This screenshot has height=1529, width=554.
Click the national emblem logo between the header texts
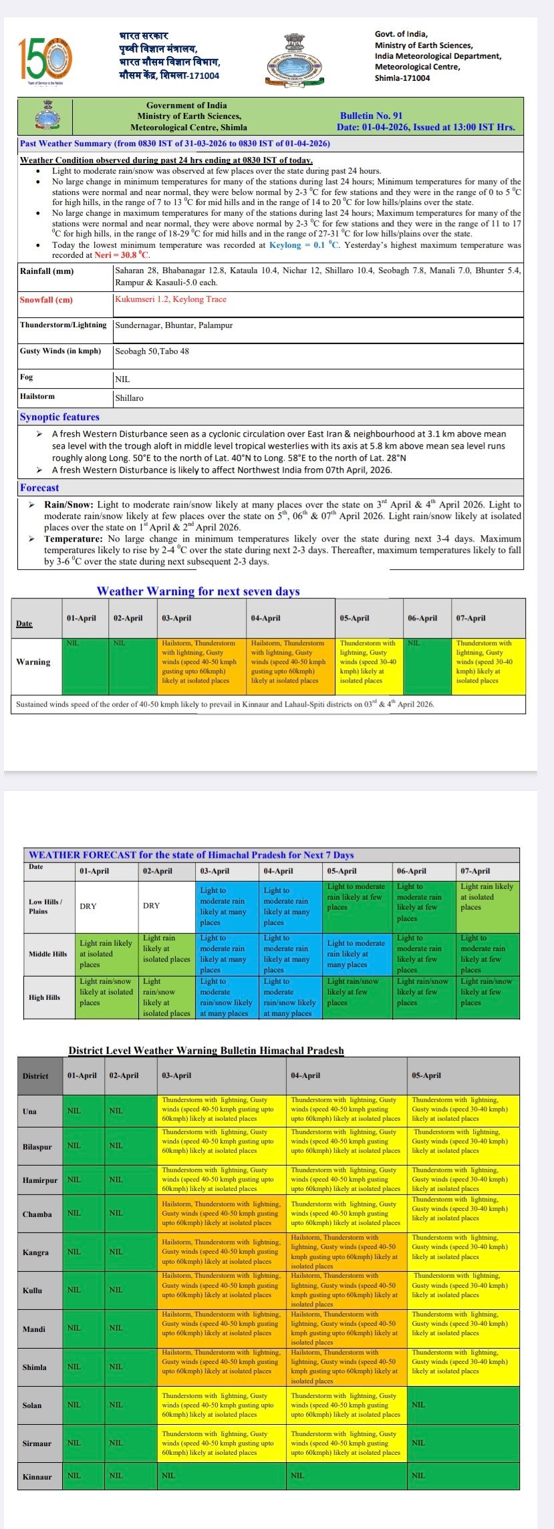point(297,59)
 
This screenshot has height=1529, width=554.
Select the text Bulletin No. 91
point(371,116)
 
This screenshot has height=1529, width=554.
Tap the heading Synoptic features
point(59,417)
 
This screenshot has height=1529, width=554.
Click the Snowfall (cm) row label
point(46,300)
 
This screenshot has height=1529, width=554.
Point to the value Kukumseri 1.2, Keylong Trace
point(170,299)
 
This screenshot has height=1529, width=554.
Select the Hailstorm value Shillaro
point(129,397)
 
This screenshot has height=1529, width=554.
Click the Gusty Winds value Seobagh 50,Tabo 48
point(152,351)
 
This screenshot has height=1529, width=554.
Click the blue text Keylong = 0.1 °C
point(304,245)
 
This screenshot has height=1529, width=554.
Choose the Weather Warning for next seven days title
point(198,590)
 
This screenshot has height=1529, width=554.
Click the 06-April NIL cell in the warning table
point(428,666)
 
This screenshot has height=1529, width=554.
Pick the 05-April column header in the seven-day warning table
point(354,618)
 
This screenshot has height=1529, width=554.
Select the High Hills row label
point(44,997)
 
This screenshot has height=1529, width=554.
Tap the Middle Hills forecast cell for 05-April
point(356,954)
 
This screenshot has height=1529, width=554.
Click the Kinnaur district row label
point(37,1476)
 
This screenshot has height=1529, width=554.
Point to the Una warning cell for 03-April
point(221,1109)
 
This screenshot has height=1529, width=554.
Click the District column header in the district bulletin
point(35,1075)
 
